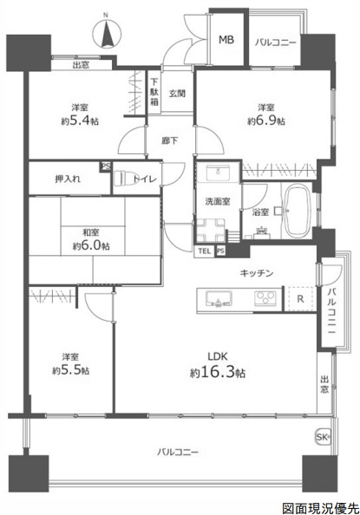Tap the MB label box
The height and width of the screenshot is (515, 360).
click(x=226, y=40)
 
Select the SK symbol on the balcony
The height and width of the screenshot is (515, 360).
click(x=322, y=435)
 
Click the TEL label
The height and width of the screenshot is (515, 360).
click(x=204, y=251)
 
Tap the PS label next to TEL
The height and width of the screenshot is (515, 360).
click(x=220, y=251)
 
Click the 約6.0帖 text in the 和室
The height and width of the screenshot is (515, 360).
click(x=92, y=245)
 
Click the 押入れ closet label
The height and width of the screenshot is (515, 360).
click(x=68, y=179)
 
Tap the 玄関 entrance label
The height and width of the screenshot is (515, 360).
click(x=177, y=94)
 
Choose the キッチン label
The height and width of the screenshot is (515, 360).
click(x=258, y=274)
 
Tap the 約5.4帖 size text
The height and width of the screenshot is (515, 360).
click(x=81, y=121)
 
